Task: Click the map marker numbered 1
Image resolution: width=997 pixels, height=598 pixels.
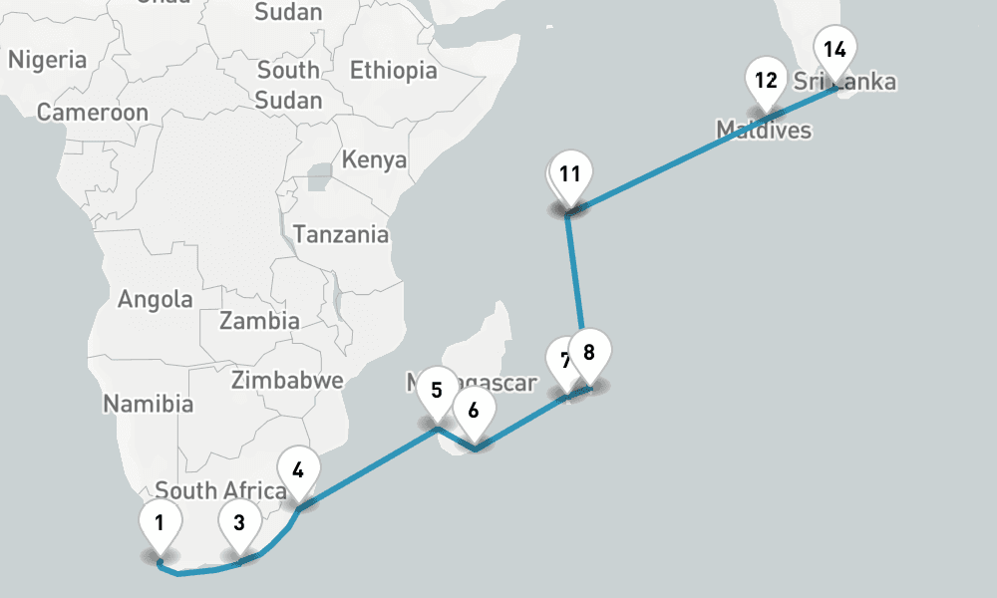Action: pos(160,521)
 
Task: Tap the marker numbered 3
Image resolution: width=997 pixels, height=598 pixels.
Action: pos(239,521)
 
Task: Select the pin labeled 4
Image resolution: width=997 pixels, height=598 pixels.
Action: pos(298,467)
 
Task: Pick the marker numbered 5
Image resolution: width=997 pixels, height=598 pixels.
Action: pos(437,390)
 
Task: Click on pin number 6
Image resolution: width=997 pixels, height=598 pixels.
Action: pos(474,410)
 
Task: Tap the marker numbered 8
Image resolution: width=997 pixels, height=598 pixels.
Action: pos(588,352)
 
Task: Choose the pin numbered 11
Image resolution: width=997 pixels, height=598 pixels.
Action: pos(569,174)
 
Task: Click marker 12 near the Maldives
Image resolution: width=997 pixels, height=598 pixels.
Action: pos(766,80)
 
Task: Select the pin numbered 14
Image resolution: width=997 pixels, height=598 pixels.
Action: pos(834,49)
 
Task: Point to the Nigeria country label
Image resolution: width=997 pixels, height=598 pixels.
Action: pos(48,60)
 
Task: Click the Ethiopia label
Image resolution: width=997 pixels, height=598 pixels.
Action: pos(393,71)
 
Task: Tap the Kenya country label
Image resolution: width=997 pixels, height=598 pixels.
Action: pos(374,159)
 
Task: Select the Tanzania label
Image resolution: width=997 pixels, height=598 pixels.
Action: pos(341,235)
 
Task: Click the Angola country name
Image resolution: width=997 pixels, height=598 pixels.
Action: pos(156,299)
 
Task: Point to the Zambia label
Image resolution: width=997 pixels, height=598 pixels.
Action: pos(259,321)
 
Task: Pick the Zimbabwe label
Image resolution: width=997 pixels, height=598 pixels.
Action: pos(287,380)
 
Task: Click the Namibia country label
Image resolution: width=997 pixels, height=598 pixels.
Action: pos(149,404)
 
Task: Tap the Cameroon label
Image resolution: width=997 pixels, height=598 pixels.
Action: pos(92,112)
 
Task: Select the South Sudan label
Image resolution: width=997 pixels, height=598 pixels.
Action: pos(288,85)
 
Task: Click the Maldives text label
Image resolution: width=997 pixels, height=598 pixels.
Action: pos(764,130)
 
